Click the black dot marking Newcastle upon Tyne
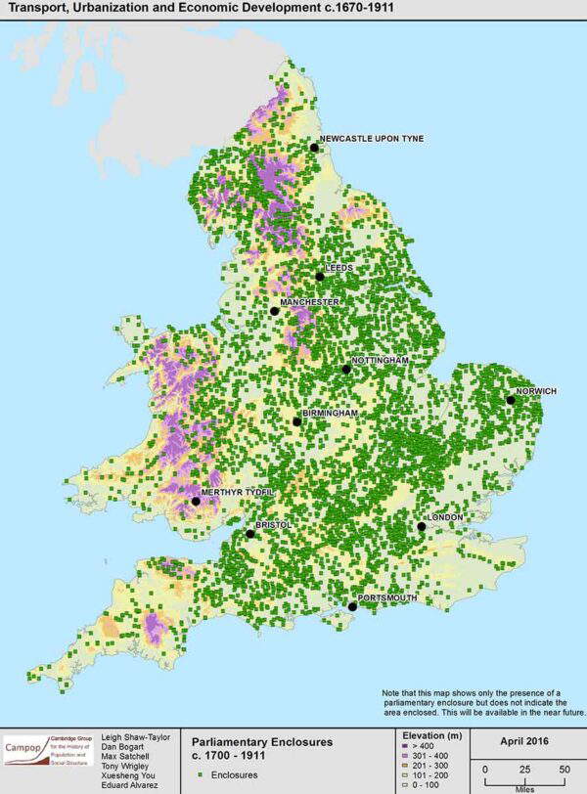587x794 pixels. [x=314, y=148]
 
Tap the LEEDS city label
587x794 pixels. [x=339, y=267]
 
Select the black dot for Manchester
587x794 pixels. [x=274, y=312]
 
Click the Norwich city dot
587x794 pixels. [x=510, y=400]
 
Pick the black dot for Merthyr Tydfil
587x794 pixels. [x=196, y=501]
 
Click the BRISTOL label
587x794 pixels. [x=274, y=525]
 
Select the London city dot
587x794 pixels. [x=421, y=526]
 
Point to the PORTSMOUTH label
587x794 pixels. [x=389, y=597]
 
